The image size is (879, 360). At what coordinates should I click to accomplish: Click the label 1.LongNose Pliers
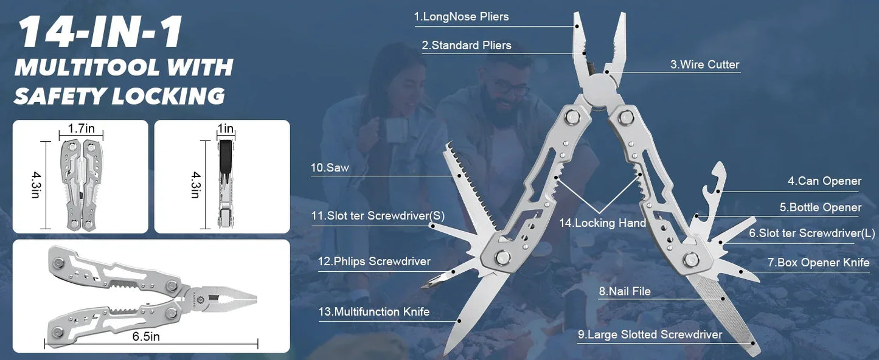(x=461, y=17)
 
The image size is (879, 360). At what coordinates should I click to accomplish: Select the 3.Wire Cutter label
(x=705, y=64)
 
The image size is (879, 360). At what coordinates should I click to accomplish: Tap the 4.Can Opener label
(x=824, y=181)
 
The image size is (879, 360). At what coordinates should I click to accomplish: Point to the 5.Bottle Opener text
(x=821, y=208)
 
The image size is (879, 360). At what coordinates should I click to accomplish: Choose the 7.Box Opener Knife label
(x=818, y=263)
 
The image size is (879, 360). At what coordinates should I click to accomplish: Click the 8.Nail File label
(x=625, y=291)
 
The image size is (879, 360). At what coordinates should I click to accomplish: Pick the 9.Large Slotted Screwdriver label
(x=650, y=334)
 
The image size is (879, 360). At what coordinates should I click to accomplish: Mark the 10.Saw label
(x=330, y=168)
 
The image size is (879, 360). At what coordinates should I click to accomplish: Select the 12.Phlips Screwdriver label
(x=374, y=261)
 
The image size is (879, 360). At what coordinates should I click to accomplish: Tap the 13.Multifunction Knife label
(x=374, y=312)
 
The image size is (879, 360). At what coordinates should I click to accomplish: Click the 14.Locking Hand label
(x=602, y=223)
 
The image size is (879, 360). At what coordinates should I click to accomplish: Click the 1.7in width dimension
(x=81, y=129)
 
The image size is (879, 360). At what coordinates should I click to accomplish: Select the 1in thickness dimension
(x=226, y=129)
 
